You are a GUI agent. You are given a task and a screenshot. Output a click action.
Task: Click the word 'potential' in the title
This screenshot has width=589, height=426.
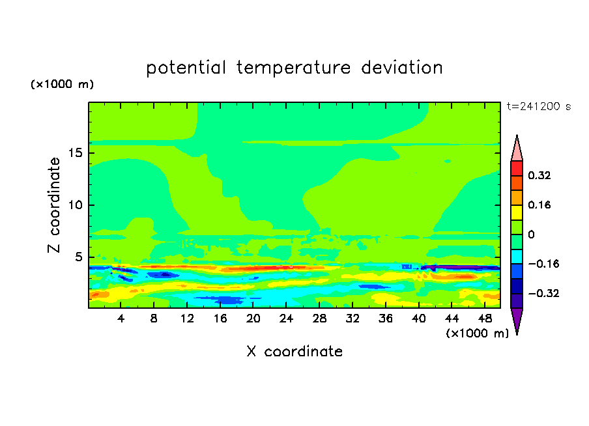pyautogui.click(x=186, y=68)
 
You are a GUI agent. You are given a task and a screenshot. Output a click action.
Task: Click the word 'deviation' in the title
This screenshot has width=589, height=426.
pyautogui.click(x=402, y=68)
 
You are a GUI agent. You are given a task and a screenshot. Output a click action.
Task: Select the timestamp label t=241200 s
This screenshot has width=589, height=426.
pyautogui.click(x=539, y=107)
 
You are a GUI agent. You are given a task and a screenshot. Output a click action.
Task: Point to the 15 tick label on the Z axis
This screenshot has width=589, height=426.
pyautogui.click(x=76, y=153)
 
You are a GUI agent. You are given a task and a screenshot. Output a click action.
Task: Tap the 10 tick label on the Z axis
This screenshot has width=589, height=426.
pyautogui.click(x=76, y=205)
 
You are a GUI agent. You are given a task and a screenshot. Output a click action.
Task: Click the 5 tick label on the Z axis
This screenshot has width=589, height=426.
pyautogui.click(x=79, y=257)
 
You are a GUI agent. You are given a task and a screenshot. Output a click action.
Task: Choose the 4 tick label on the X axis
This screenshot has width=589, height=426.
pyautogui.click(x=121, y=319)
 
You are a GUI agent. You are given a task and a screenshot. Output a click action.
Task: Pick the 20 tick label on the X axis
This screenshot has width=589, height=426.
pyautogui.click(x=253, y=319)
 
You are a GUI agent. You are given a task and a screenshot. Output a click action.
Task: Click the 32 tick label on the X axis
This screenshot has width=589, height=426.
pyautogui.click(x=352, y=319)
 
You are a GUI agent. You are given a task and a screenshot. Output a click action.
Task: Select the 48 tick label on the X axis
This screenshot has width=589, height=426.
pyautogui.click(x=485, y=319)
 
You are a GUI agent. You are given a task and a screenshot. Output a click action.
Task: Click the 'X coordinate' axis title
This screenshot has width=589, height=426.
pyautogui.click(x=294, y=351)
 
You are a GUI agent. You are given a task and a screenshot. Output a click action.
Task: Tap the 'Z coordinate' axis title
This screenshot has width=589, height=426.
pyautogui.click(x=53, y=205)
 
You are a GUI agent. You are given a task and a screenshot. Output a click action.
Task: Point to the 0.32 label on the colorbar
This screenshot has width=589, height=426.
pyautogui.click(x=539, y=175)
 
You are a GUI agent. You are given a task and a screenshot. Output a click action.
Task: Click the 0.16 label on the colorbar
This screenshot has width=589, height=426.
pyautogui.click(x=539, y=205)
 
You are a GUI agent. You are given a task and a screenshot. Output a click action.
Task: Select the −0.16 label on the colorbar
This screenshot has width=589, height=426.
pyautogui.click(x=543, y=264)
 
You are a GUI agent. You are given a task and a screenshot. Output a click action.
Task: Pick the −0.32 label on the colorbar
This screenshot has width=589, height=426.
pyautogui.click(x=543, y=293)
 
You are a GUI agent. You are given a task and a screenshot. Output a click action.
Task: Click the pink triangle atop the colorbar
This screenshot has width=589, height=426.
pyautogui.click(x=517, y=150)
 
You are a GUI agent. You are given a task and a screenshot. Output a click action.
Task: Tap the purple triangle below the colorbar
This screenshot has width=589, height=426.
pyautogui.click(x=517, y=319)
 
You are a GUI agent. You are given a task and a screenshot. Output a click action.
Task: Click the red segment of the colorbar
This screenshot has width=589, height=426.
pyautogui.click(x=517, y=168)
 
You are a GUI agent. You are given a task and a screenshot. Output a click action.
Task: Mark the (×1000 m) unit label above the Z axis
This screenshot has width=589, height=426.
pyautogui.click(x=62, y=84)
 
